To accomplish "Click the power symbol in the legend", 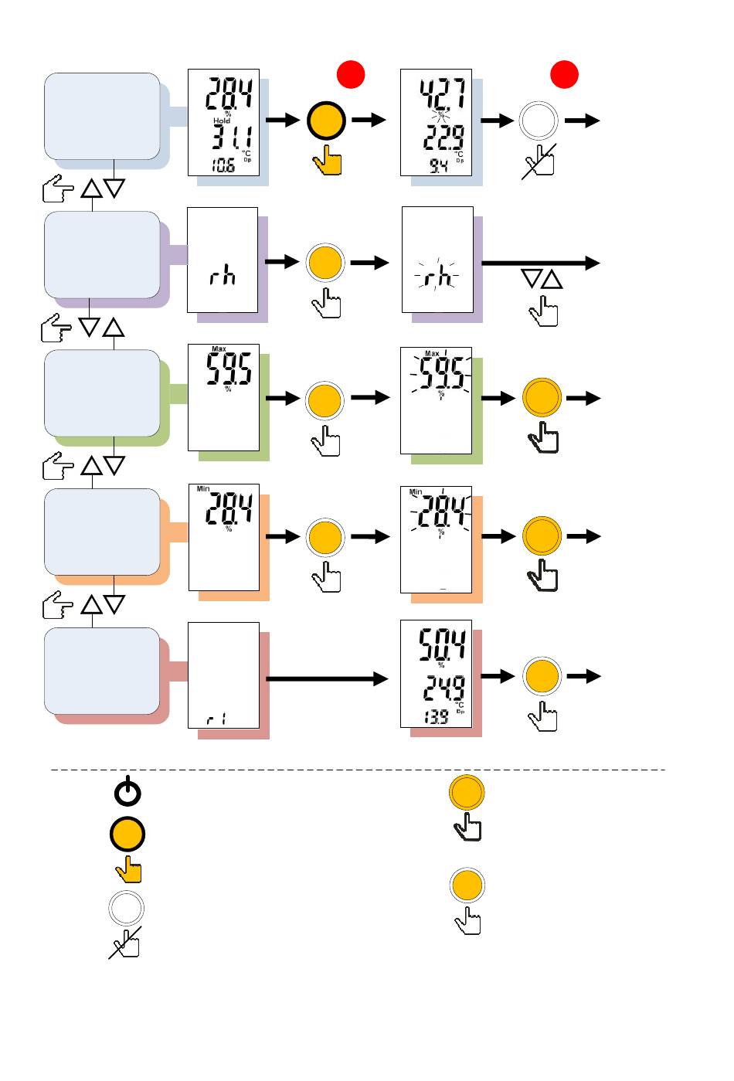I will point(127,793).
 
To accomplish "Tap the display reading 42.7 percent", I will point(436,122).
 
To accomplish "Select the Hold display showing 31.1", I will point(223,122).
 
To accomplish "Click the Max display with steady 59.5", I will point(223,397).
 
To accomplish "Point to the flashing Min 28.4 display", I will point(436,539).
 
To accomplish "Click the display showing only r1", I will point(223,675).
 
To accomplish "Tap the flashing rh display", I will point(437,260).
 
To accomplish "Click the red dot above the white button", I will point(564,74).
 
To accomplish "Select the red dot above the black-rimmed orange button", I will point(351,74).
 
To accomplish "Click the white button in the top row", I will point(539,121).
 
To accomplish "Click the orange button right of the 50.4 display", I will point(542,676).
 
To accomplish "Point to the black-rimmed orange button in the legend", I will point(127,835).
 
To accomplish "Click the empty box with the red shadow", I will point(102,671).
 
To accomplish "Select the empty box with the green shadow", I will point(102,393).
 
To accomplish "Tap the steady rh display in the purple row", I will point(223,260).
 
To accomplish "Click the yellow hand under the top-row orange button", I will point(328,161).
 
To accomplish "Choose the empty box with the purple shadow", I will point(102,255).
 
